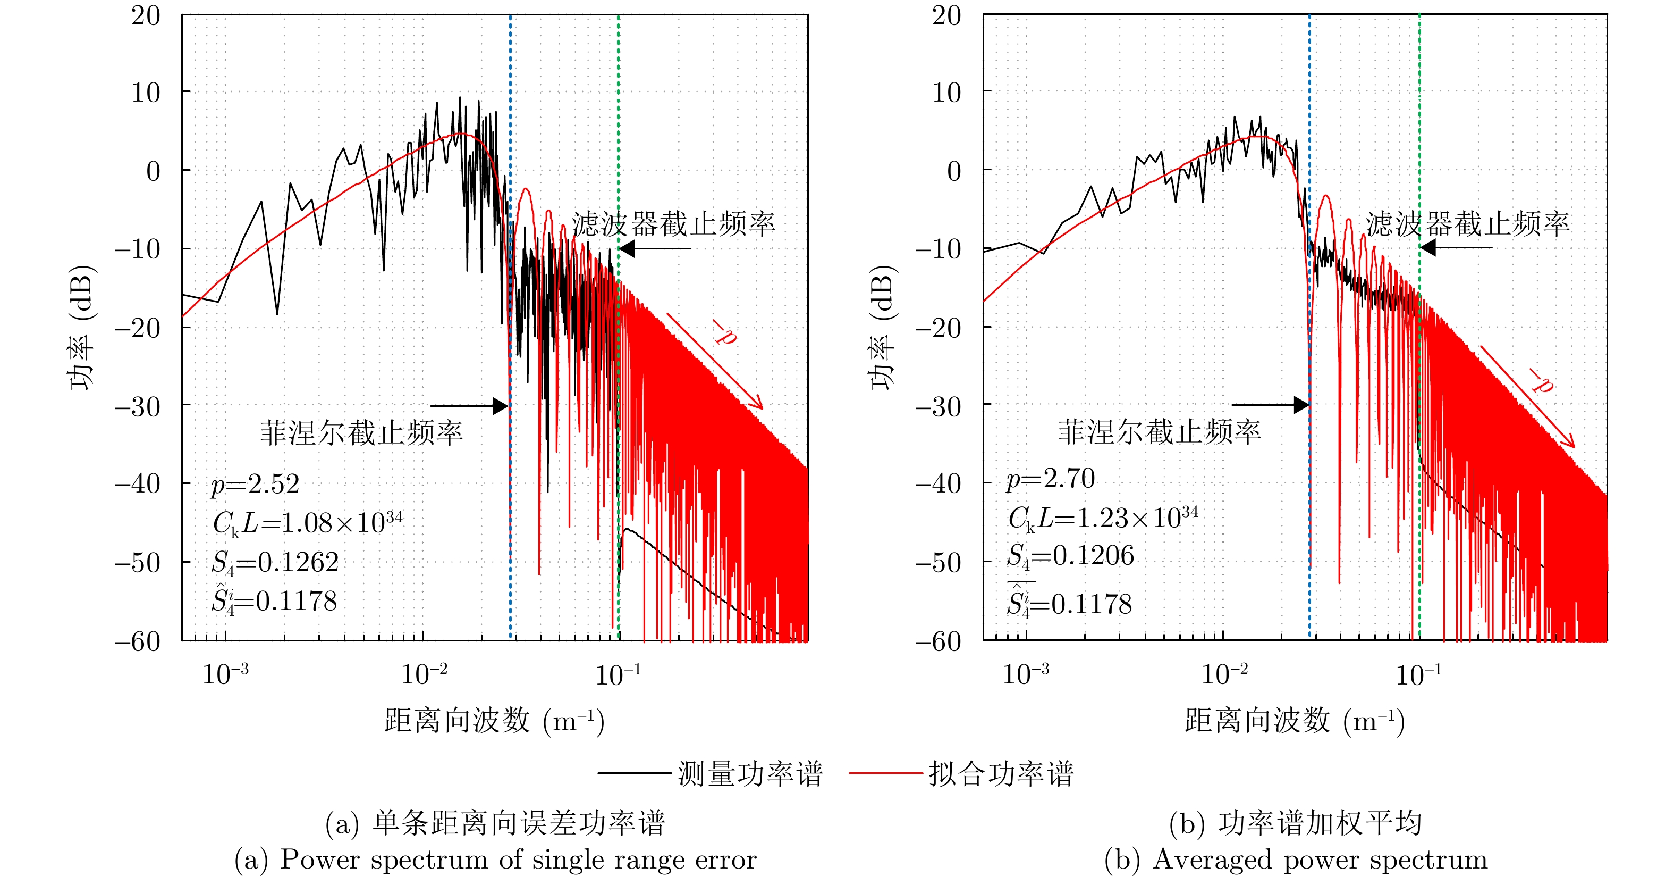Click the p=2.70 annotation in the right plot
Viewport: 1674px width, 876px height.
1051,479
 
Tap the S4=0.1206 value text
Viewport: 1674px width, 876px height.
1070,556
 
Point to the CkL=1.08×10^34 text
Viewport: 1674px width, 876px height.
307,522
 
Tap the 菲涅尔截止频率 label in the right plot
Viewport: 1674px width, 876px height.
1160,432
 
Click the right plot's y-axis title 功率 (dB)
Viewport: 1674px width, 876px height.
883,327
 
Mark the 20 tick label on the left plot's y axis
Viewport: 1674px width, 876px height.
146,15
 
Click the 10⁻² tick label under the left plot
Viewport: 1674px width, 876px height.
424,674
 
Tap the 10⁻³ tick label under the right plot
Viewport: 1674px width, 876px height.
1026,674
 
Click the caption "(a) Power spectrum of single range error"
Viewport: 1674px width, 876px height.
495,860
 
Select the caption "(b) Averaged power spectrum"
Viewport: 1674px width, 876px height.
1295,860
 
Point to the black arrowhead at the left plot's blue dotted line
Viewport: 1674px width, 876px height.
501,406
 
